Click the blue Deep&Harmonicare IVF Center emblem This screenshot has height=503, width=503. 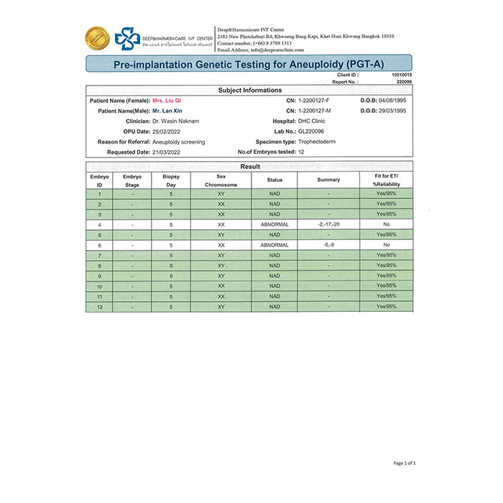coord(129,38)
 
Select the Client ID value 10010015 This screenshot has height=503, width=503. coord(402,75)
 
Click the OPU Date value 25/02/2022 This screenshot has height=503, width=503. coord(170,131)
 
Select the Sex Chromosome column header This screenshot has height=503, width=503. coord(221,180)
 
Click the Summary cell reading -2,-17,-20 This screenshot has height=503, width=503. coord(328,224)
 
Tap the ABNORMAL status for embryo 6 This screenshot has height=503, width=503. coord(274,245)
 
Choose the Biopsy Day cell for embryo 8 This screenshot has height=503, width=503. coord(171,266)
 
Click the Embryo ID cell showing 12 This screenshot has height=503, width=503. coord(99,307)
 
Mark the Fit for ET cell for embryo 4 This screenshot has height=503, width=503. coord(387,224)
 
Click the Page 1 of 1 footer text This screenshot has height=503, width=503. coord(405,463)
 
